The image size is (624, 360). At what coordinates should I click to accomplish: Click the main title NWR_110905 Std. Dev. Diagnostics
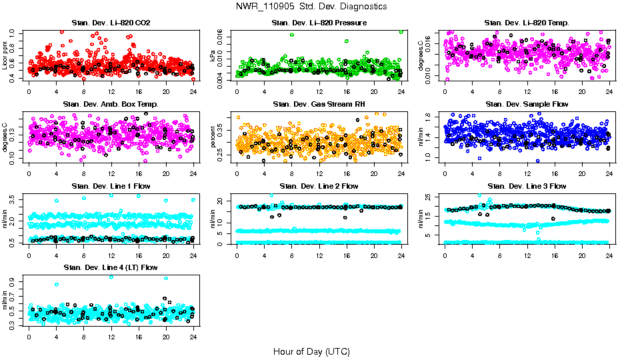311,7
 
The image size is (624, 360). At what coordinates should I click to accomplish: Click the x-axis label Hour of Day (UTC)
311,351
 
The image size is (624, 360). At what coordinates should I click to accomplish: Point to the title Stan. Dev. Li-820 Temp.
526,23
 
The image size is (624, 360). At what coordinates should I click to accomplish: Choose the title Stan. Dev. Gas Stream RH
319,104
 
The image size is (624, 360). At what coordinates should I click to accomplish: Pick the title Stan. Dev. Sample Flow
526,104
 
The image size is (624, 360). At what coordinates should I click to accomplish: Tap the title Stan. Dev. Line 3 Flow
526,186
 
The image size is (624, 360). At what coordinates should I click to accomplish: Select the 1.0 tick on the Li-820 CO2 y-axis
14,32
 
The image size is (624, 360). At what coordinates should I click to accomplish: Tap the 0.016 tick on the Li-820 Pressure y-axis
222,33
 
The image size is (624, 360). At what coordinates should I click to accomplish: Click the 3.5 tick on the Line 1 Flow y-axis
14,198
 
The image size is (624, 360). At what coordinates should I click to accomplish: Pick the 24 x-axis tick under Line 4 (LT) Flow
192,337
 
